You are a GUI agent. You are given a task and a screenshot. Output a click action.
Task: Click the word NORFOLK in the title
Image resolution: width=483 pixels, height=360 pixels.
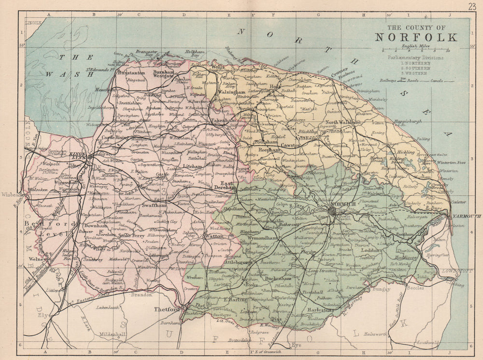[x=416, y=37]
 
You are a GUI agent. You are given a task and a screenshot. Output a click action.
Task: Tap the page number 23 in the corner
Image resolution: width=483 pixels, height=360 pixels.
[x=471, y=6]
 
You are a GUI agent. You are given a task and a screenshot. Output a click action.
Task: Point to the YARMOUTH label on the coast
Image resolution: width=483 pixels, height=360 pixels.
[x=467, y=216]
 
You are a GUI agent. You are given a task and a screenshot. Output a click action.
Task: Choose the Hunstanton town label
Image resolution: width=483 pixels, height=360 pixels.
[x=131, y=72]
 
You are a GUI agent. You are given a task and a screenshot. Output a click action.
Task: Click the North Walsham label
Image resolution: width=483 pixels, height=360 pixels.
[x=342, y=123]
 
